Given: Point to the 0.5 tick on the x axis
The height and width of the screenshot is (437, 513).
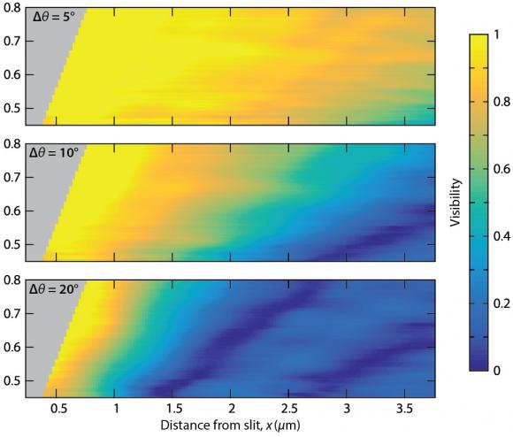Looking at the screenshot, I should (x=58, y=410).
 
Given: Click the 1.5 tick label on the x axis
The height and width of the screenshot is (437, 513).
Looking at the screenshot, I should (x=173, y=410).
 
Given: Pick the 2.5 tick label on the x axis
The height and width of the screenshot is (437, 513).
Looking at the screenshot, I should (x=288, y=410).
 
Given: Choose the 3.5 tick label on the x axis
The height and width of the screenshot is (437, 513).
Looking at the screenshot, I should (x=403, y=410).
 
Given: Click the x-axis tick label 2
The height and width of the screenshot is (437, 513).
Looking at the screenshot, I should (x=232, y=410).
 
